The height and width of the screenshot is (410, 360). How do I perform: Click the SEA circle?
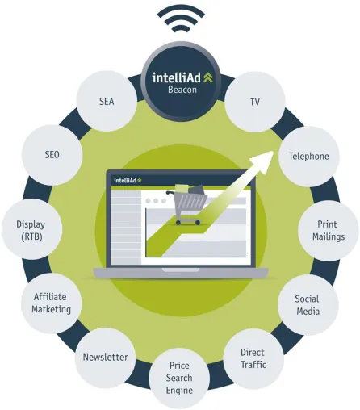click(x=107, y=101)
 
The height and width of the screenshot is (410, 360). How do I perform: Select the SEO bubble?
click(x=52, y=155)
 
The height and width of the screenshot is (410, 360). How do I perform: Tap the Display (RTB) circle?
click(x=32, y=229)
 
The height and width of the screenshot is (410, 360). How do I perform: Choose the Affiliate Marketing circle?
click(x=52, y=303)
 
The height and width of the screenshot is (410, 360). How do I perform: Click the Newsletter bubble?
click(x=105, y=358)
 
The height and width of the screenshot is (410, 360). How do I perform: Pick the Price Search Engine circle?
click(x=179, y=378)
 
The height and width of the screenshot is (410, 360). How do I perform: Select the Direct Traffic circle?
click(x=253, y=359)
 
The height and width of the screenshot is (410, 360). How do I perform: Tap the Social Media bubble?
click(x=308, y=305)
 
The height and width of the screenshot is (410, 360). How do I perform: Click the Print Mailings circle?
click(x=329, y=231)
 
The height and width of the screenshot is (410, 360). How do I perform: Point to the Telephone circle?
click(x=309, y=157)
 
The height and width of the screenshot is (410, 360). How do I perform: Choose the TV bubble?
click(x=255, y=102)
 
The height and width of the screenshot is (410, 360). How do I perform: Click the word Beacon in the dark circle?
click(x=182, y=90)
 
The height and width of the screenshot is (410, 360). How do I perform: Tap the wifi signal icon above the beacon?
click(x=181, y=19)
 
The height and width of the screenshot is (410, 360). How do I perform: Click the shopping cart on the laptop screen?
click(x=187, y=204)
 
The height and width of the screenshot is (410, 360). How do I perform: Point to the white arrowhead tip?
click(x=274, y=152)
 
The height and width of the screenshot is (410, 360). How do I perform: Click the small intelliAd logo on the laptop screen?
click(x=128, y=180)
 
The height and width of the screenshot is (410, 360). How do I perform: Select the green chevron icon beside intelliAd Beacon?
click(x=208, y=77)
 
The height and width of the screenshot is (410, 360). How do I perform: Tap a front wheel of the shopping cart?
click(x=178, y=223)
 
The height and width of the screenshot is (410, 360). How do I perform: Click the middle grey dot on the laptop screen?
click(x=156, y=201)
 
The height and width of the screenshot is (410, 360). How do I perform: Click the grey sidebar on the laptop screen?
click(x=126, y=227)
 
